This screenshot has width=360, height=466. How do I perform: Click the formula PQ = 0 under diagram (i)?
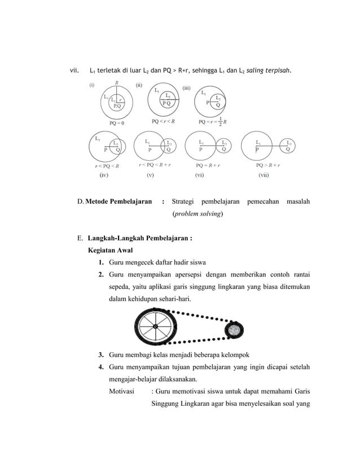tap(117, 121)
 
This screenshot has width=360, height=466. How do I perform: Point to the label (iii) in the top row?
tap(187, 87)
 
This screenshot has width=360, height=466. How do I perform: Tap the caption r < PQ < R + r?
tap(157, 166)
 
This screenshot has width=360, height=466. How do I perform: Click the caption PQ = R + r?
tap(209, 166)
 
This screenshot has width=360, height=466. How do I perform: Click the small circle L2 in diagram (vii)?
tap(289, 146)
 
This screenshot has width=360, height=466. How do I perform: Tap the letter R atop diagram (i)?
tap(117, 83)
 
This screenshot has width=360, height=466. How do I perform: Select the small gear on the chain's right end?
tap(233, 329)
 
